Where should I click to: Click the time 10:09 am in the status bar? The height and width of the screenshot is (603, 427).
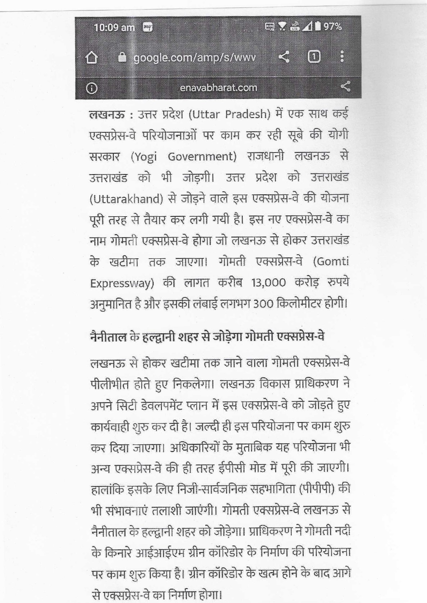pos(114,27)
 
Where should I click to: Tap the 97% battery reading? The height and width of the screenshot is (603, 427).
pos(332,27)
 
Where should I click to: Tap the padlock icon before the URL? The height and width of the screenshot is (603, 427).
pos(123,57)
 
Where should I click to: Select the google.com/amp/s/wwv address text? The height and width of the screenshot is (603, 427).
pos(195,57)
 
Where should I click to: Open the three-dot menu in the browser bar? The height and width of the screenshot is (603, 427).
pos(342,57)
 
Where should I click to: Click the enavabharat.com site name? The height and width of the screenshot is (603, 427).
pos(218,87)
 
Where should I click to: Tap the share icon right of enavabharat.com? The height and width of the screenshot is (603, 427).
pos(345,86)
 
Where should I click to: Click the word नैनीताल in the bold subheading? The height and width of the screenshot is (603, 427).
pos(108,337)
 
